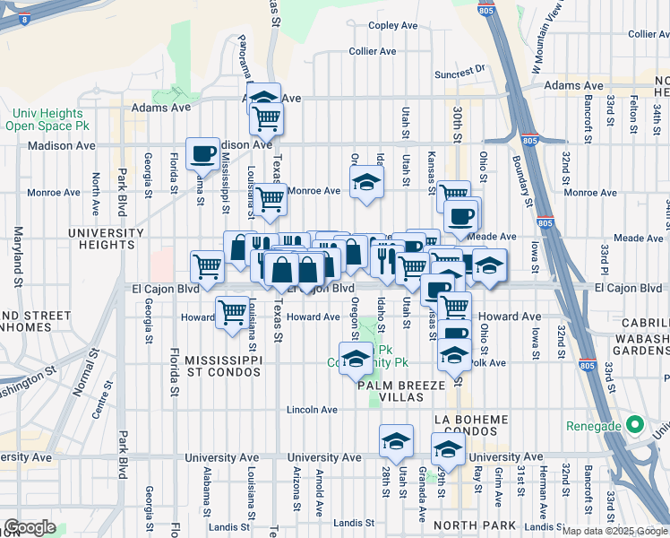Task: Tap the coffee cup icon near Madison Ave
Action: click(202, 153)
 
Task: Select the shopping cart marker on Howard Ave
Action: click(232, 313)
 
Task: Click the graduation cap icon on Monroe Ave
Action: click(365, 182)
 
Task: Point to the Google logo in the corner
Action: click(30, 527)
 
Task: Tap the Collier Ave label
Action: click(373, 51)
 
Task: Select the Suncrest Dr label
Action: click(459, 68)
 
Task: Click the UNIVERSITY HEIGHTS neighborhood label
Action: click(106, 239)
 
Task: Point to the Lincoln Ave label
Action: click(312, 410)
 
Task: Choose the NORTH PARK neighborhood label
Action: click(465, 525)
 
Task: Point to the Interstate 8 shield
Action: click(22, 17)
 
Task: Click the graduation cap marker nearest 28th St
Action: click(396, 441)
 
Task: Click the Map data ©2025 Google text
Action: click(614, 530)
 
